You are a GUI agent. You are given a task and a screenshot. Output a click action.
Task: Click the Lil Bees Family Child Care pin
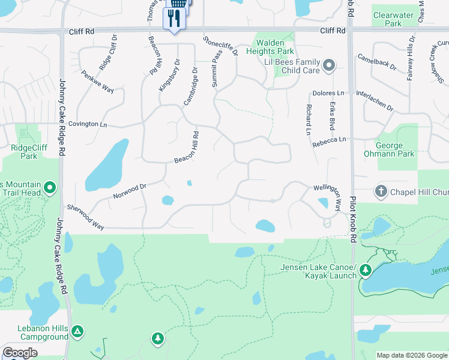pos(328,65)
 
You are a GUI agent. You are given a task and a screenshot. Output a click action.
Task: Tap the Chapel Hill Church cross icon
pos(381,191)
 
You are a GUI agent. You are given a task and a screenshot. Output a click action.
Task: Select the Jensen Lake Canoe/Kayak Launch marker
pos(365,271)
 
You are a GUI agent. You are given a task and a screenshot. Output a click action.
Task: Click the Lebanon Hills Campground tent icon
pos(77,331)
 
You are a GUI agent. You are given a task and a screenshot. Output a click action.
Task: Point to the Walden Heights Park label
pos(274,47)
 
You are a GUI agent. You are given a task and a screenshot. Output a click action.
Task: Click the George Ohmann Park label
pos(395,149)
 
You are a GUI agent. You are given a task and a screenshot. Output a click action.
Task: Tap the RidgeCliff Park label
pos(24,151)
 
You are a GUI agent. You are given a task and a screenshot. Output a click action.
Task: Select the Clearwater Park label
pos(395,19)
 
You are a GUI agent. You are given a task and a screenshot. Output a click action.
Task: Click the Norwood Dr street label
pos(130,192)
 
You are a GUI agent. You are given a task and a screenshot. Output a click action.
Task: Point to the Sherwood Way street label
pos(86,216)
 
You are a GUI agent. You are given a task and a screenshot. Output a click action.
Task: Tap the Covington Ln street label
pos(87,124)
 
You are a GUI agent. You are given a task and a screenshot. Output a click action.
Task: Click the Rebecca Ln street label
pos(328,142)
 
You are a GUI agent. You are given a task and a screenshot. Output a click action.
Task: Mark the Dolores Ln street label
pos(328,94)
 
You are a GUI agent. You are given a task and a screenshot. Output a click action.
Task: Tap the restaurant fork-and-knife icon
pos(175,19)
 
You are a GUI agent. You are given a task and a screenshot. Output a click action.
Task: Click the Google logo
pos(20,353)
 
